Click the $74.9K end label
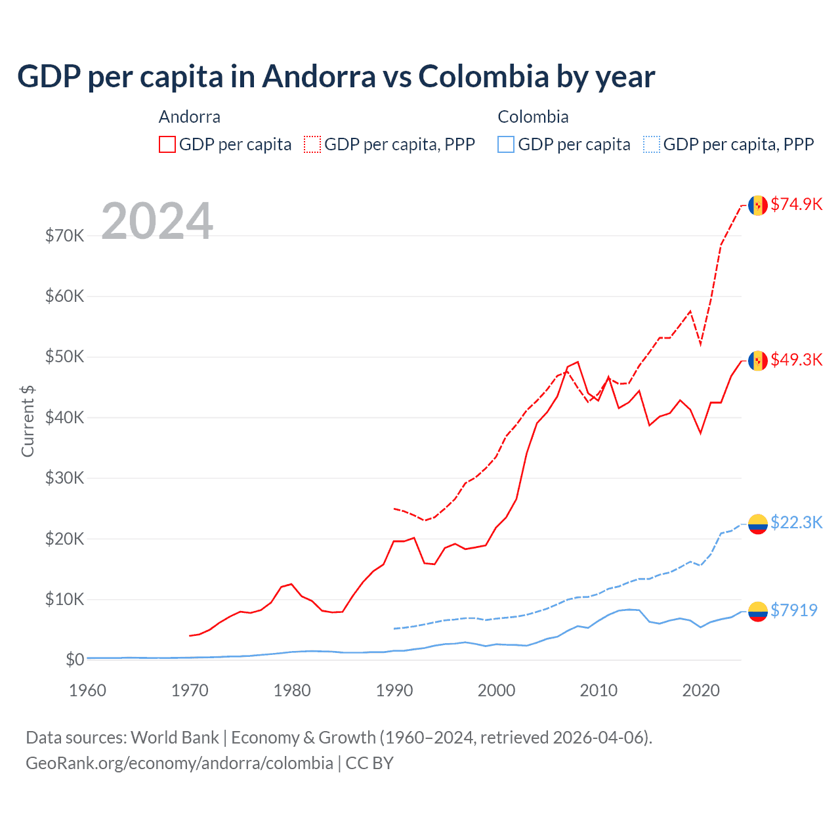point(796,204)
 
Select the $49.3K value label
point(796,360)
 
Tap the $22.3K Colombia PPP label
point(796,522)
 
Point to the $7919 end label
point(793,610)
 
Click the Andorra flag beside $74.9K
point(758,205)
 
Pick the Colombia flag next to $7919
point(758,612)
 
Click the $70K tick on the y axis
point(64,236)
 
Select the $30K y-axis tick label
point(64,478)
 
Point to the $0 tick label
point(75,660)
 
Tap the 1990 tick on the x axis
point(394,690)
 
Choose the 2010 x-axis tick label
point(598,690)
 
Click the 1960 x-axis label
point(87,690)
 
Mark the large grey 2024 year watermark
point(157,221)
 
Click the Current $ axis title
point(28,421)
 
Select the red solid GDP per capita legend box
point(167,144)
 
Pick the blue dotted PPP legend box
point(652,144)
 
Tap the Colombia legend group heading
point(533,117)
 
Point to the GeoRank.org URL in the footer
point(179,763)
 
